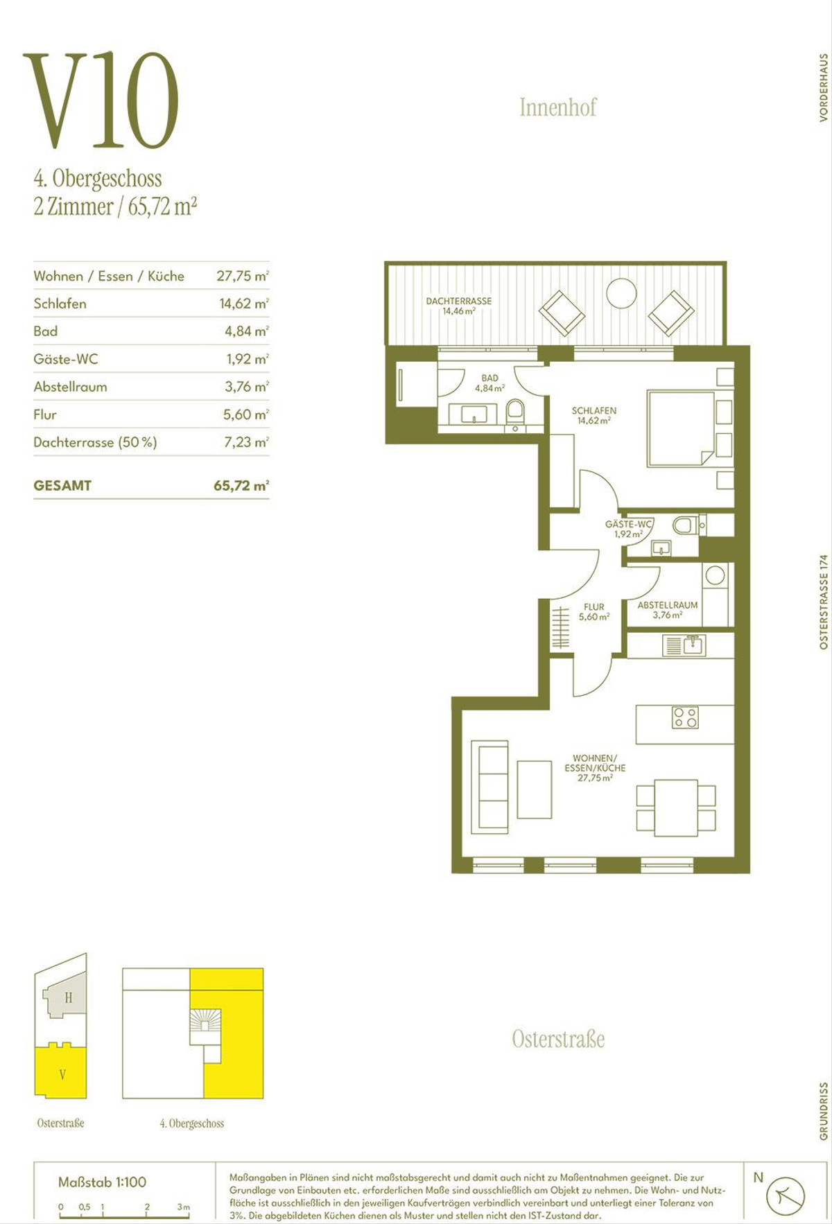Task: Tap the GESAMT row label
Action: point(62,486)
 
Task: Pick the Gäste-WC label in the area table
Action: point(66,359)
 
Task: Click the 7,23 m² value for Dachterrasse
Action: point(246,442)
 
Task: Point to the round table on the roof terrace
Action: point(621,293)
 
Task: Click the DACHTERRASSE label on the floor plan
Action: point(459,301)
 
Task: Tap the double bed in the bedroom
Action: point(680,428)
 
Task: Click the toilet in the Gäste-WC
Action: point(686,525)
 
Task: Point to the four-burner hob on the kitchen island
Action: point(685,718)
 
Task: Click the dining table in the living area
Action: point(676,808)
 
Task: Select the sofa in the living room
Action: point(489,785)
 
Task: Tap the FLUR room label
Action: point(593,607)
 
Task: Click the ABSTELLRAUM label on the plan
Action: point(668,605)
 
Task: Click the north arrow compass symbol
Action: point(785,1196)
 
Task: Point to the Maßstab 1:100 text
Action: point(102,1182)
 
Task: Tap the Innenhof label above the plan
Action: point(558,107)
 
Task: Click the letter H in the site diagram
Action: point(68,998)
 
